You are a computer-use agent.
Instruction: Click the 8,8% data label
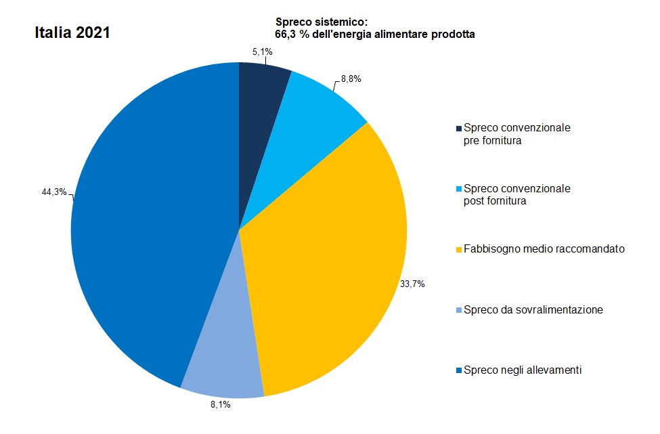[351, 79]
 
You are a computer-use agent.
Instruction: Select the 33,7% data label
[412, 284]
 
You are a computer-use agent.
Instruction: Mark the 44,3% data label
[54, 192]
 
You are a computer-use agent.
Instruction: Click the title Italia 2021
[72, 32]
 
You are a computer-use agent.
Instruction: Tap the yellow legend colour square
[459, 250]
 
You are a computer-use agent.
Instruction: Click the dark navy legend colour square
[459, 128]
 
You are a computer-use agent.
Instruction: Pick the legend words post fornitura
[496, 201]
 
